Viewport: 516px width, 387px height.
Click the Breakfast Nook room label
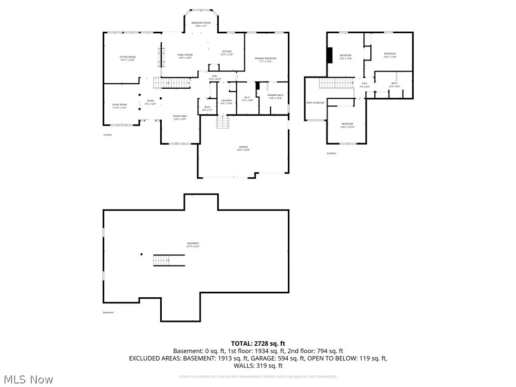click(x=201, y=24)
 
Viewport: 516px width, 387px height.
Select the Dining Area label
click(x=180, y=117)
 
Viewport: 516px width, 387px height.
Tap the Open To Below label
click(x=315, y=103)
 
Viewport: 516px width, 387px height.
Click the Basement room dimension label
click(x=193, y=245)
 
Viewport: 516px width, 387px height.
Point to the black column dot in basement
click(x=142, y=254)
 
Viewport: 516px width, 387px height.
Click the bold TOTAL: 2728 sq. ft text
click(x=257, y=343)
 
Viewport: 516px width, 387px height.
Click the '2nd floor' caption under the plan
click(x=331, y=153)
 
